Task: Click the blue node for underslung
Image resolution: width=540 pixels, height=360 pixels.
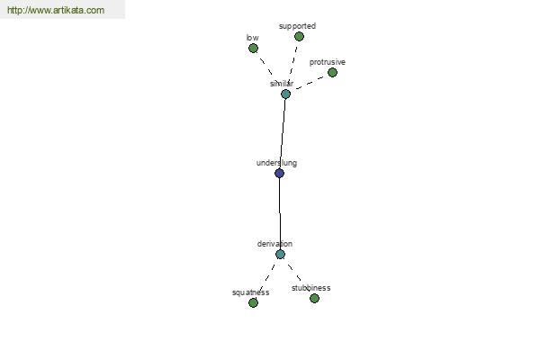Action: (279, 173)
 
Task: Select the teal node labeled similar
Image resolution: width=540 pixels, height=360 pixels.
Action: (285, 94)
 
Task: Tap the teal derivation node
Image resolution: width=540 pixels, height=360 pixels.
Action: (280, 254)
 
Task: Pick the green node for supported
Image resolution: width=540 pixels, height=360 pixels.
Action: (299, 36)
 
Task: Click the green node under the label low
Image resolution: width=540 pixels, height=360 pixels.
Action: (253, 49)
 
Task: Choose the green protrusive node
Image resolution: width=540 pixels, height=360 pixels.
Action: (332, 72)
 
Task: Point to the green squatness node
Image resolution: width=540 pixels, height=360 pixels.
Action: (253, 302)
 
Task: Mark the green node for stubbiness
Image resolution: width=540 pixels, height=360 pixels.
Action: (314, 298)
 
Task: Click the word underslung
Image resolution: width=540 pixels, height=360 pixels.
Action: (276, 163)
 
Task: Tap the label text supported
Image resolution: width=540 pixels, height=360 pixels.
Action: (297, 26)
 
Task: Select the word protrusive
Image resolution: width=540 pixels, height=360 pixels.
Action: (328, 62)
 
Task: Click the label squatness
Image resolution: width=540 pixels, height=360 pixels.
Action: (251, 292)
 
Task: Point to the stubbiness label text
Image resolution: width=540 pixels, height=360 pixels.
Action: (311, 288)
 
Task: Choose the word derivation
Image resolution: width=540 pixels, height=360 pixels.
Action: (274, 244)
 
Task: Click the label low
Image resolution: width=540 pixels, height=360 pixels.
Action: (252, 38)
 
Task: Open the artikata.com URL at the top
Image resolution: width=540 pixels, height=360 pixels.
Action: (56, 10)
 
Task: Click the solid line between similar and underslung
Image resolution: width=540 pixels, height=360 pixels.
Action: (283, 133)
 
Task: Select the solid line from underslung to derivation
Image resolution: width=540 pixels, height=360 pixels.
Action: (280, 213)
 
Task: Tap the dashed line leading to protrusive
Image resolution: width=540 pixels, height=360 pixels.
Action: (310, 83)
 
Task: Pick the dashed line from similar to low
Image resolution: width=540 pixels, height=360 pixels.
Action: (266, 66)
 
